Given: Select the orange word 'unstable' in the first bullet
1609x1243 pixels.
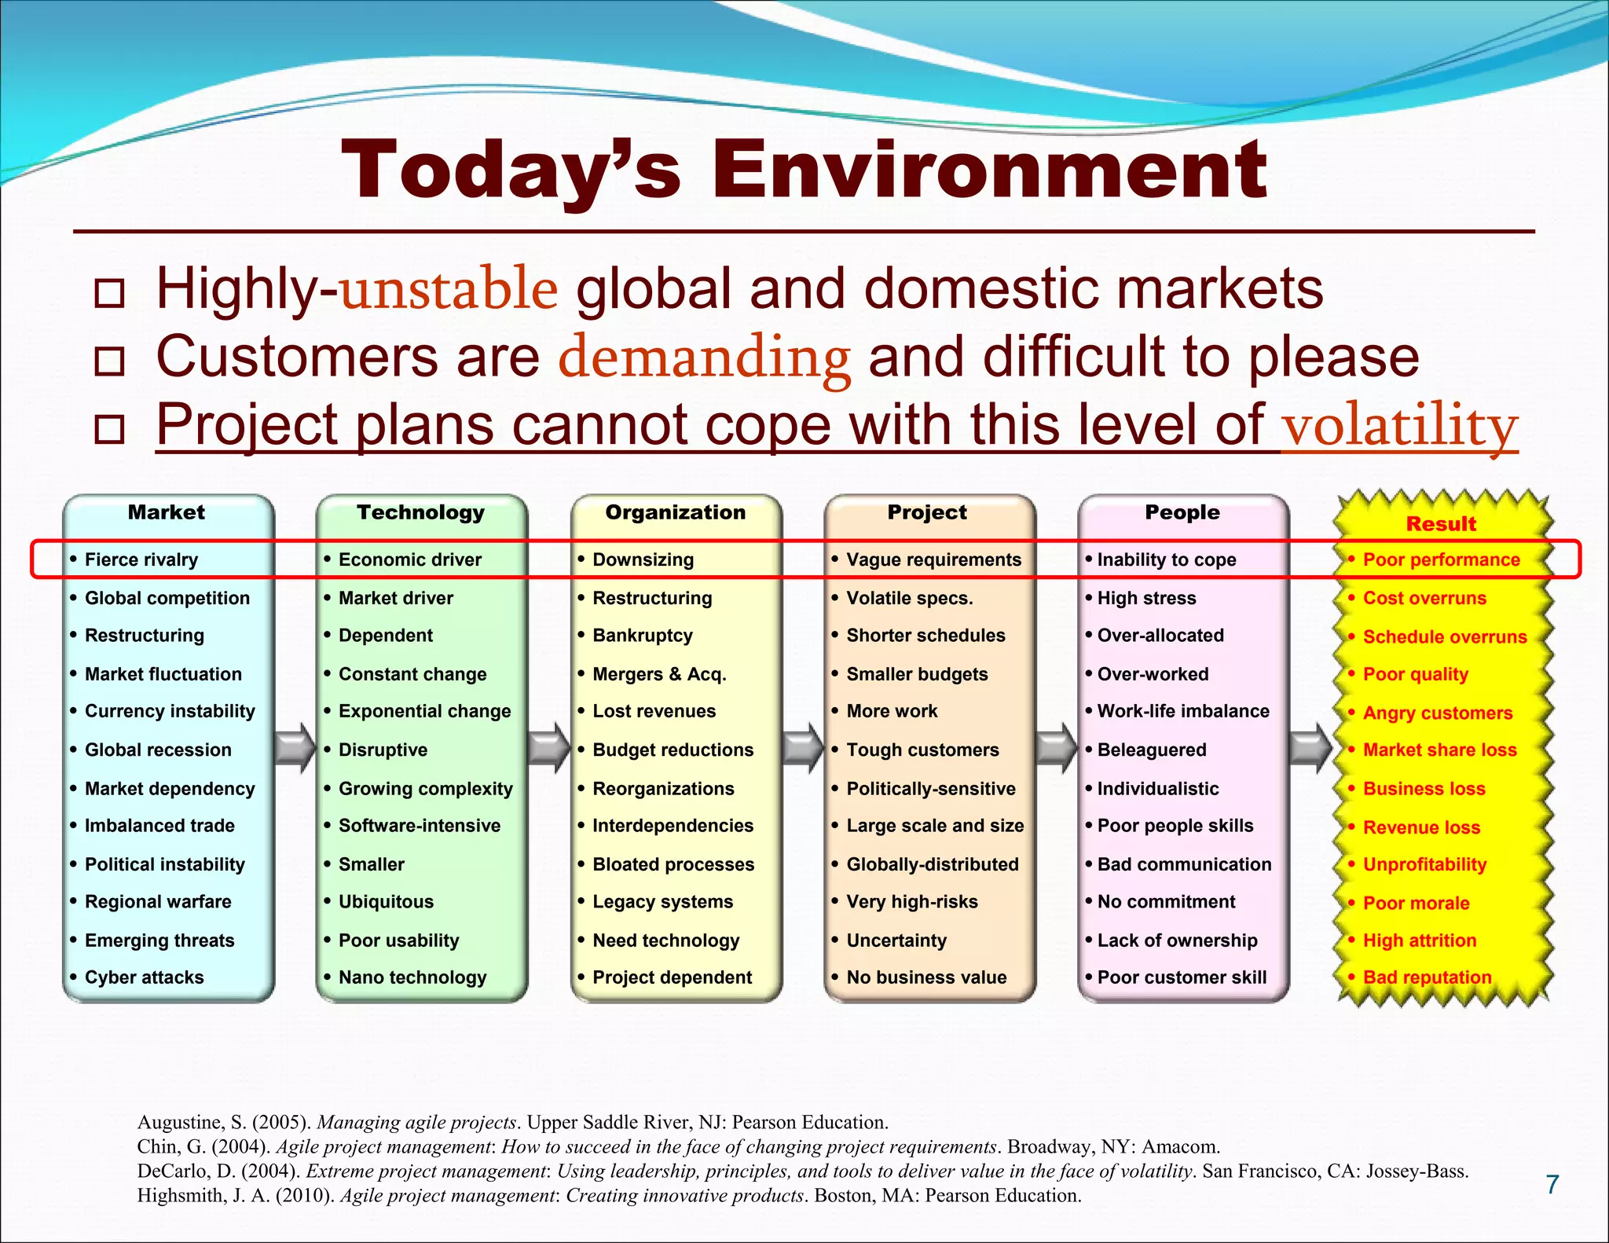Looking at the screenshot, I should pyautogui.click(x=449, y=289).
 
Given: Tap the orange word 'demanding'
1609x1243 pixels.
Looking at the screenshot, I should pyautogui.click(x=704, y=357).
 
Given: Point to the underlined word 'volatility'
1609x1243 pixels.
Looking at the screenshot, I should pyautogui.click(x=1398, y=426).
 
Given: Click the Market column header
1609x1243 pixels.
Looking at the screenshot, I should pyautogui.click(x=167, y=512).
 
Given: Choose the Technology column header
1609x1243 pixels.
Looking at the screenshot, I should pyautogui.click(x=420, y=512).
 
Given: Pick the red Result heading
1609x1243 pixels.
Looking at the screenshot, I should pyautogui.click(x=1441, y=524).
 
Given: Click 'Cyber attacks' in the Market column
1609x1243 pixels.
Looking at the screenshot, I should pyautogui.click(x=144, y=977).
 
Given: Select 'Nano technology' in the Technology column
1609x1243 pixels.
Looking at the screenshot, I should pyautogui.click(x=412, y=977).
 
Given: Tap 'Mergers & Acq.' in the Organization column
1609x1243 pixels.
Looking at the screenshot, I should pyautogui.click(x=659, y=674).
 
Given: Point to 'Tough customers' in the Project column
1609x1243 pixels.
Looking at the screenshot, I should pyautogui.click(x=922, y=750).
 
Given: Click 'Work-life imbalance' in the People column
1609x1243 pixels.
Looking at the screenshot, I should pyautogui.click(x=1183, y=711).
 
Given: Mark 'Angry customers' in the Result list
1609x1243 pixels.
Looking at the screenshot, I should pyautogui.click(x=1437, y=713).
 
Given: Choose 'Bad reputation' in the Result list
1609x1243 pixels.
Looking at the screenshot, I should pyautogui.click(x=1427, y=977).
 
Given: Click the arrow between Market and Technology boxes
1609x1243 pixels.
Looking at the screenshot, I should pyautogui.click(x=295, y=747).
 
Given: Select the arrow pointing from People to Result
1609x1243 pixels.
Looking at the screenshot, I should pyautogui.click(x=1310, y=747).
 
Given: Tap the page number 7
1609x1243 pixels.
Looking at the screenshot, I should pyautogui.click(x=1552, y=1185).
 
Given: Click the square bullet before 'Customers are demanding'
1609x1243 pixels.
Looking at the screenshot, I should pyautogui.click(x=109, y=361).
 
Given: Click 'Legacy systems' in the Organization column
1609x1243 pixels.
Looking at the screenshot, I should pyautogui.click(x=662, y=902).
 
